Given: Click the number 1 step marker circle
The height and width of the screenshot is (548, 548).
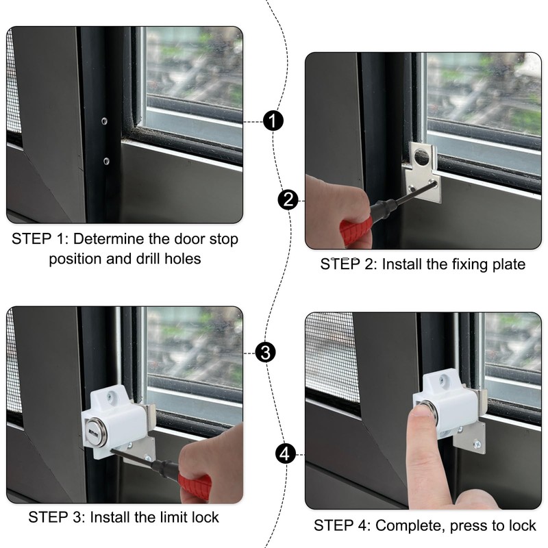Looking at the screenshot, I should tap(273, 121).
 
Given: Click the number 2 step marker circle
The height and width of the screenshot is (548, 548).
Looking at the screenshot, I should tap(288, 200).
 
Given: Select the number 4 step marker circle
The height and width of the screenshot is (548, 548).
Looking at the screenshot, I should tap(287, 453).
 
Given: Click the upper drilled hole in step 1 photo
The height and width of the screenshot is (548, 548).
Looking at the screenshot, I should tap(104, 121).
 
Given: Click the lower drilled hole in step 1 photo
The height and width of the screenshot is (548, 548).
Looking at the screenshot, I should tap(106, 161).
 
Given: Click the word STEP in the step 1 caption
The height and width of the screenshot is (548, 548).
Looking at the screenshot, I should tap(31, 240).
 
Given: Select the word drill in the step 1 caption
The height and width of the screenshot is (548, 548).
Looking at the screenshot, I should tap(166, 260).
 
